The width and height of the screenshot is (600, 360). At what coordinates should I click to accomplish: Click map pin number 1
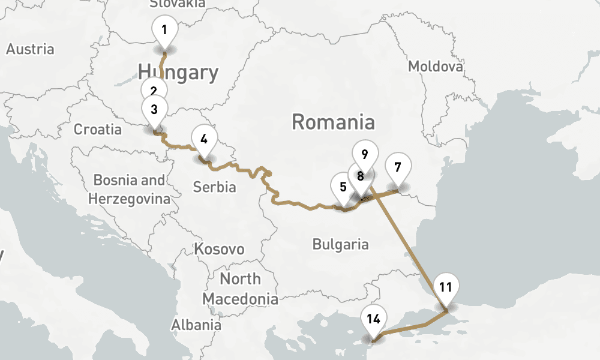click(x=164, y=29)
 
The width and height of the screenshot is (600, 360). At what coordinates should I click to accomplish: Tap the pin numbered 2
click(x=154, y=89)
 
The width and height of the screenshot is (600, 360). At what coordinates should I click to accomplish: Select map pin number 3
click(x=154, y=109)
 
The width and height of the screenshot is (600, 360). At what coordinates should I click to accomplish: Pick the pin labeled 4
click(x=204, y=139)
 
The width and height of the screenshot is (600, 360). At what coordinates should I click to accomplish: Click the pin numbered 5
click(x=343, y=186)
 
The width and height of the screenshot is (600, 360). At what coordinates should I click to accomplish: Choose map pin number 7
click(x=398, y=166)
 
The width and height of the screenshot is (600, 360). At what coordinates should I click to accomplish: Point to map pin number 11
click(x=445, y=286)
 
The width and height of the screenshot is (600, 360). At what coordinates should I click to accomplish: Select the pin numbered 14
click(x=373, y=319)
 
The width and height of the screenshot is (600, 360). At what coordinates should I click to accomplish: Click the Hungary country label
click(x=178, y=73)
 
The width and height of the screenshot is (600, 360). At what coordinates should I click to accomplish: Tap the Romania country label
click(x=333, y=122)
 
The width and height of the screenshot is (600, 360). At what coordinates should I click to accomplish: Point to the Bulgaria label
click(x=340, y=244)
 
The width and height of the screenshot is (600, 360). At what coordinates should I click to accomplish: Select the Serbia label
click(x=214, y=187)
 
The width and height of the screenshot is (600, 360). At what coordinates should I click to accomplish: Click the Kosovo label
click(x=219, y=249)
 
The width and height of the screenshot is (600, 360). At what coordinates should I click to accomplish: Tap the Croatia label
click(x=97, y=129)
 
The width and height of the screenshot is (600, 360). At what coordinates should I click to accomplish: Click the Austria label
click(x=30, y=49)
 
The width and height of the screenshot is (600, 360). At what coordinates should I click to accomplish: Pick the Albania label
click(x=196, y=325)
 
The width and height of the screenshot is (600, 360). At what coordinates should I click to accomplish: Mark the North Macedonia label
click(x=240, y=289)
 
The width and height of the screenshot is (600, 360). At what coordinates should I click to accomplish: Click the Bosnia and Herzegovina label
click(x=129, y=189)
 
